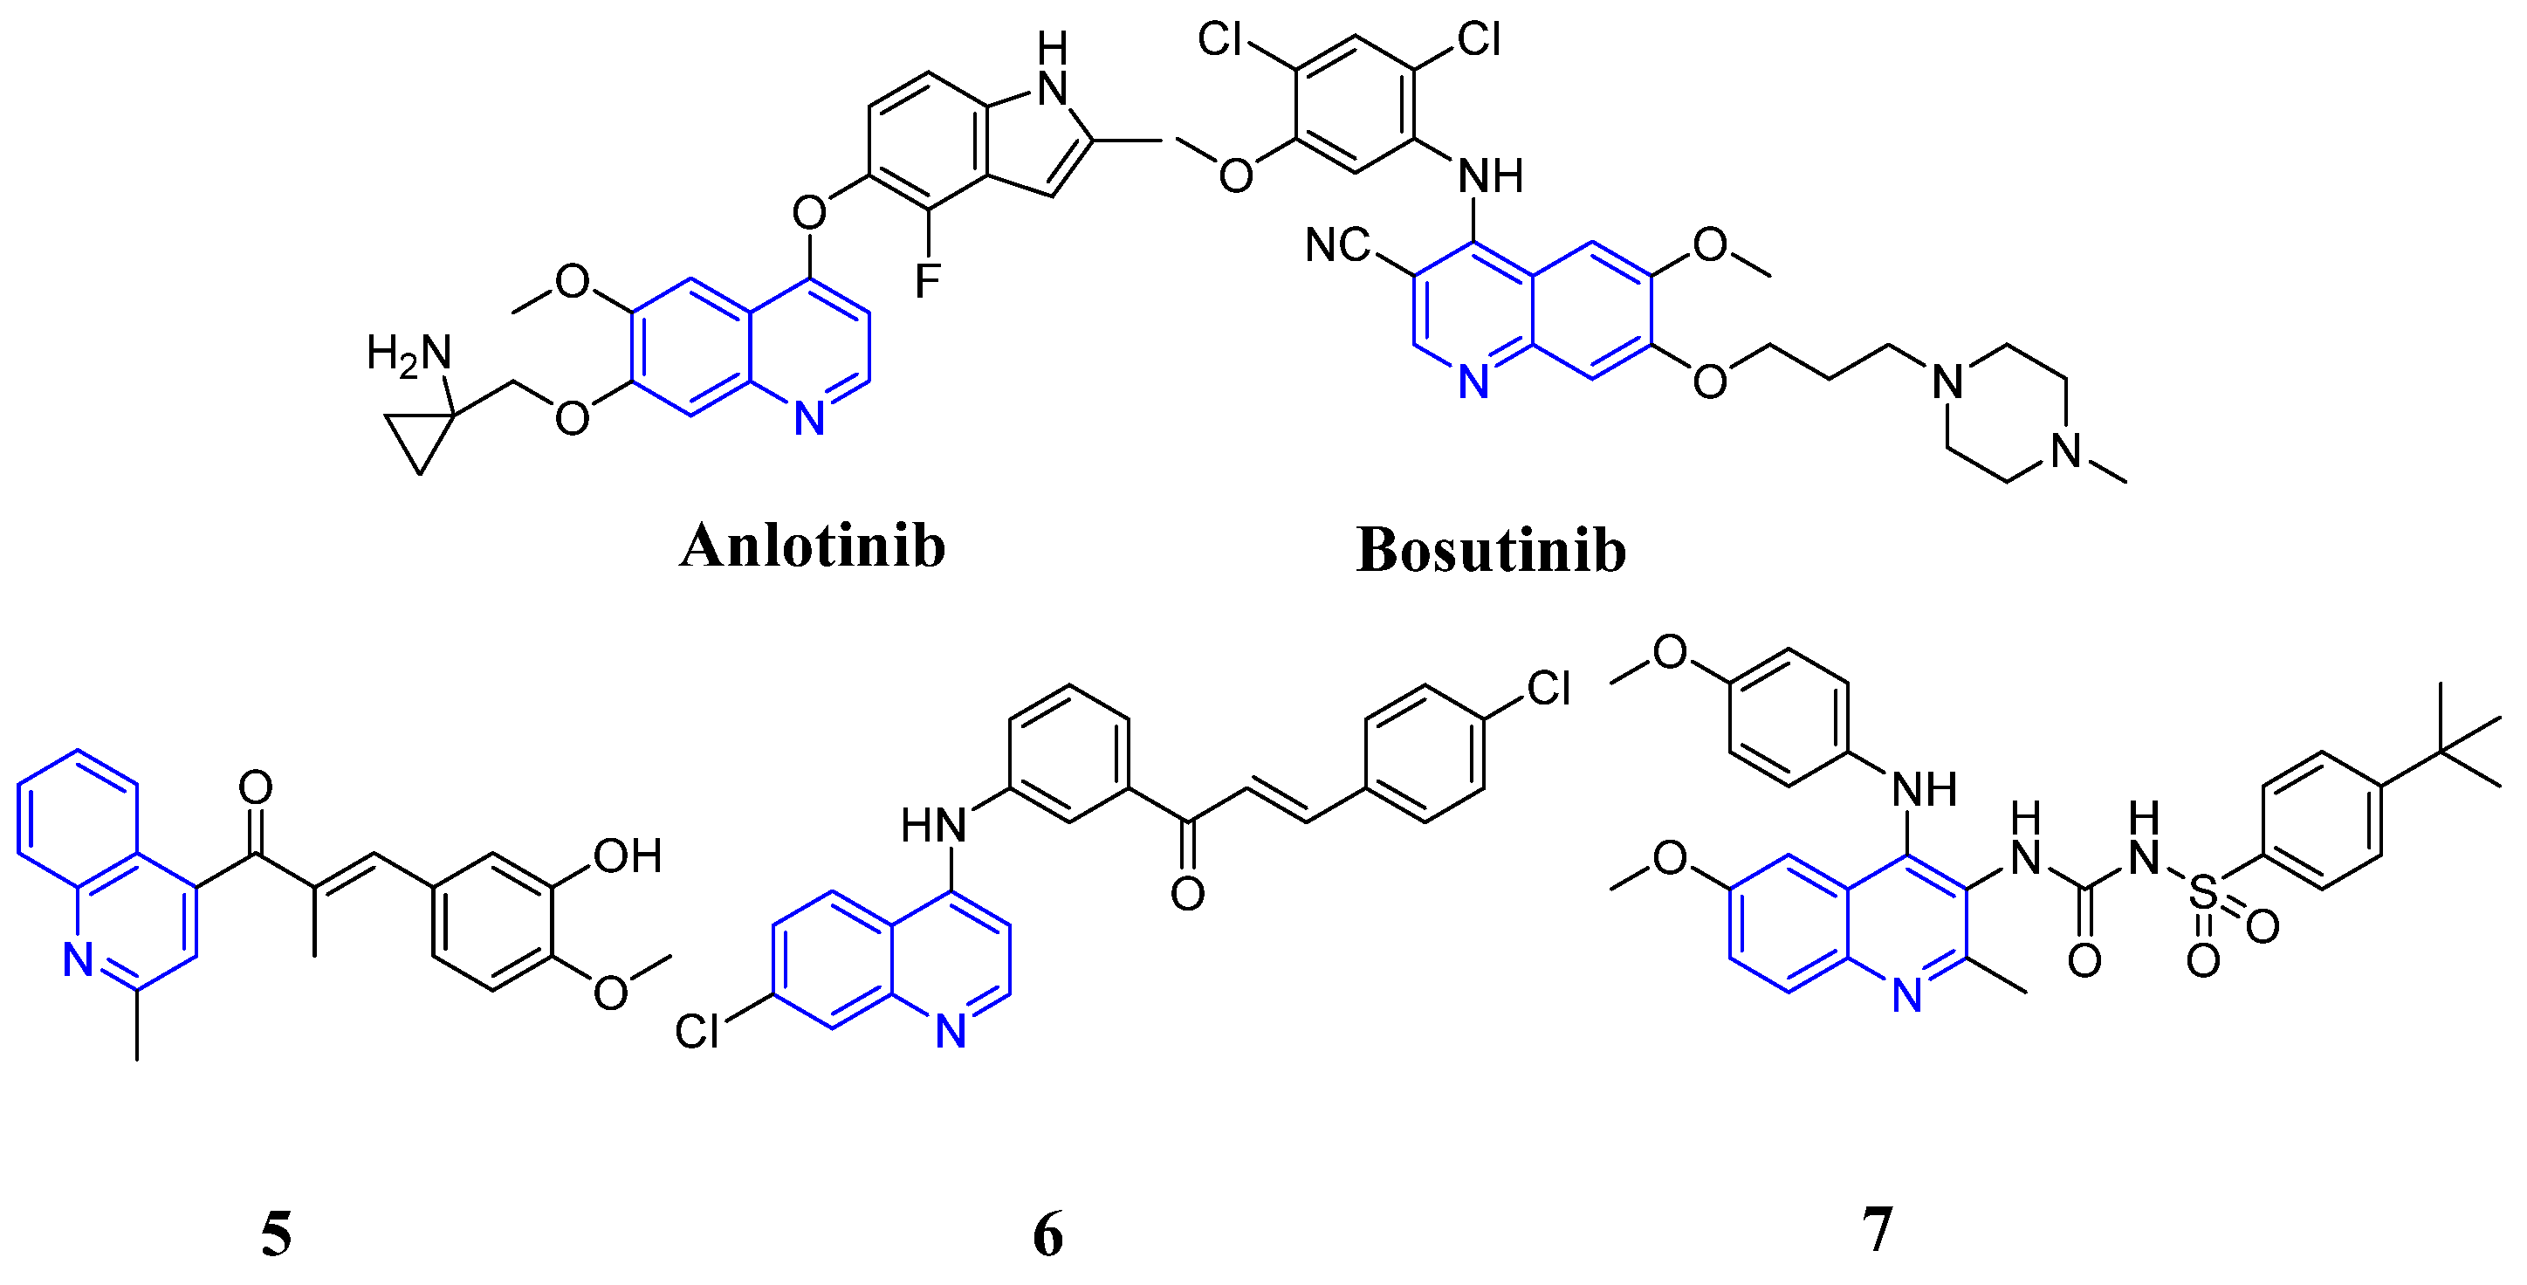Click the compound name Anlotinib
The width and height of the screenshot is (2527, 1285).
pos(813,546)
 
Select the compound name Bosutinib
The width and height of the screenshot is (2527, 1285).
pos(1491,549)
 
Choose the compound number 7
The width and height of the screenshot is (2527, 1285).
pos(1877,1228)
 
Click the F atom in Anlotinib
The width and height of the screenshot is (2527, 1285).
pos(927,280)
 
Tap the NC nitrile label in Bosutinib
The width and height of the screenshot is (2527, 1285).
pos(1337,244)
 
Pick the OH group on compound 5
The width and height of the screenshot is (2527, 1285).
pos(628,856)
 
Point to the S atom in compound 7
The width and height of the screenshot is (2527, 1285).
pos(2202,894)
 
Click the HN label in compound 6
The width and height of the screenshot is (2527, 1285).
pos(934,825)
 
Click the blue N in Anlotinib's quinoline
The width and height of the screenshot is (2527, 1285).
pos(809,418)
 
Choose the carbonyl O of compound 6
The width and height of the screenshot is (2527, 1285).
pos(1187,894)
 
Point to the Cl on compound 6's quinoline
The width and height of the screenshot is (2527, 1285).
pos(697,1031)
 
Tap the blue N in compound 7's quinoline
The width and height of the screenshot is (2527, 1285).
pos(1907,994)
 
